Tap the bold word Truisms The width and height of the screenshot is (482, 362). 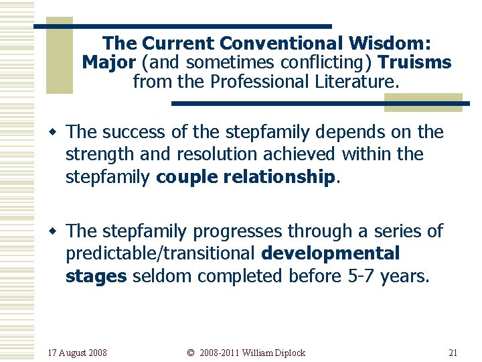pyautogui.click(x=415, y=63)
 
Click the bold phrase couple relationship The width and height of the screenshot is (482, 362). pyautogui.click(x=245, y=176)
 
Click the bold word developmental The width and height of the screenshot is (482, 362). pyautogui.click(x=331, y=253)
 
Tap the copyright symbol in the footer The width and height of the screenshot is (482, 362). pyautogui.click(x=190, y=353)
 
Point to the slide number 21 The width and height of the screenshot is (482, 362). pyautogui.click(x=453, y=353)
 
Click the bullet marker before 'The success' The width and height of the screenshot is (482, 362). pyautogui.click(x=58, y=133)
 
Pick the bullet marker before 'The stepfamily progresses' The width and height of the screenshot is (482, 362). pyautogui.click(x=58, y=232)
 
